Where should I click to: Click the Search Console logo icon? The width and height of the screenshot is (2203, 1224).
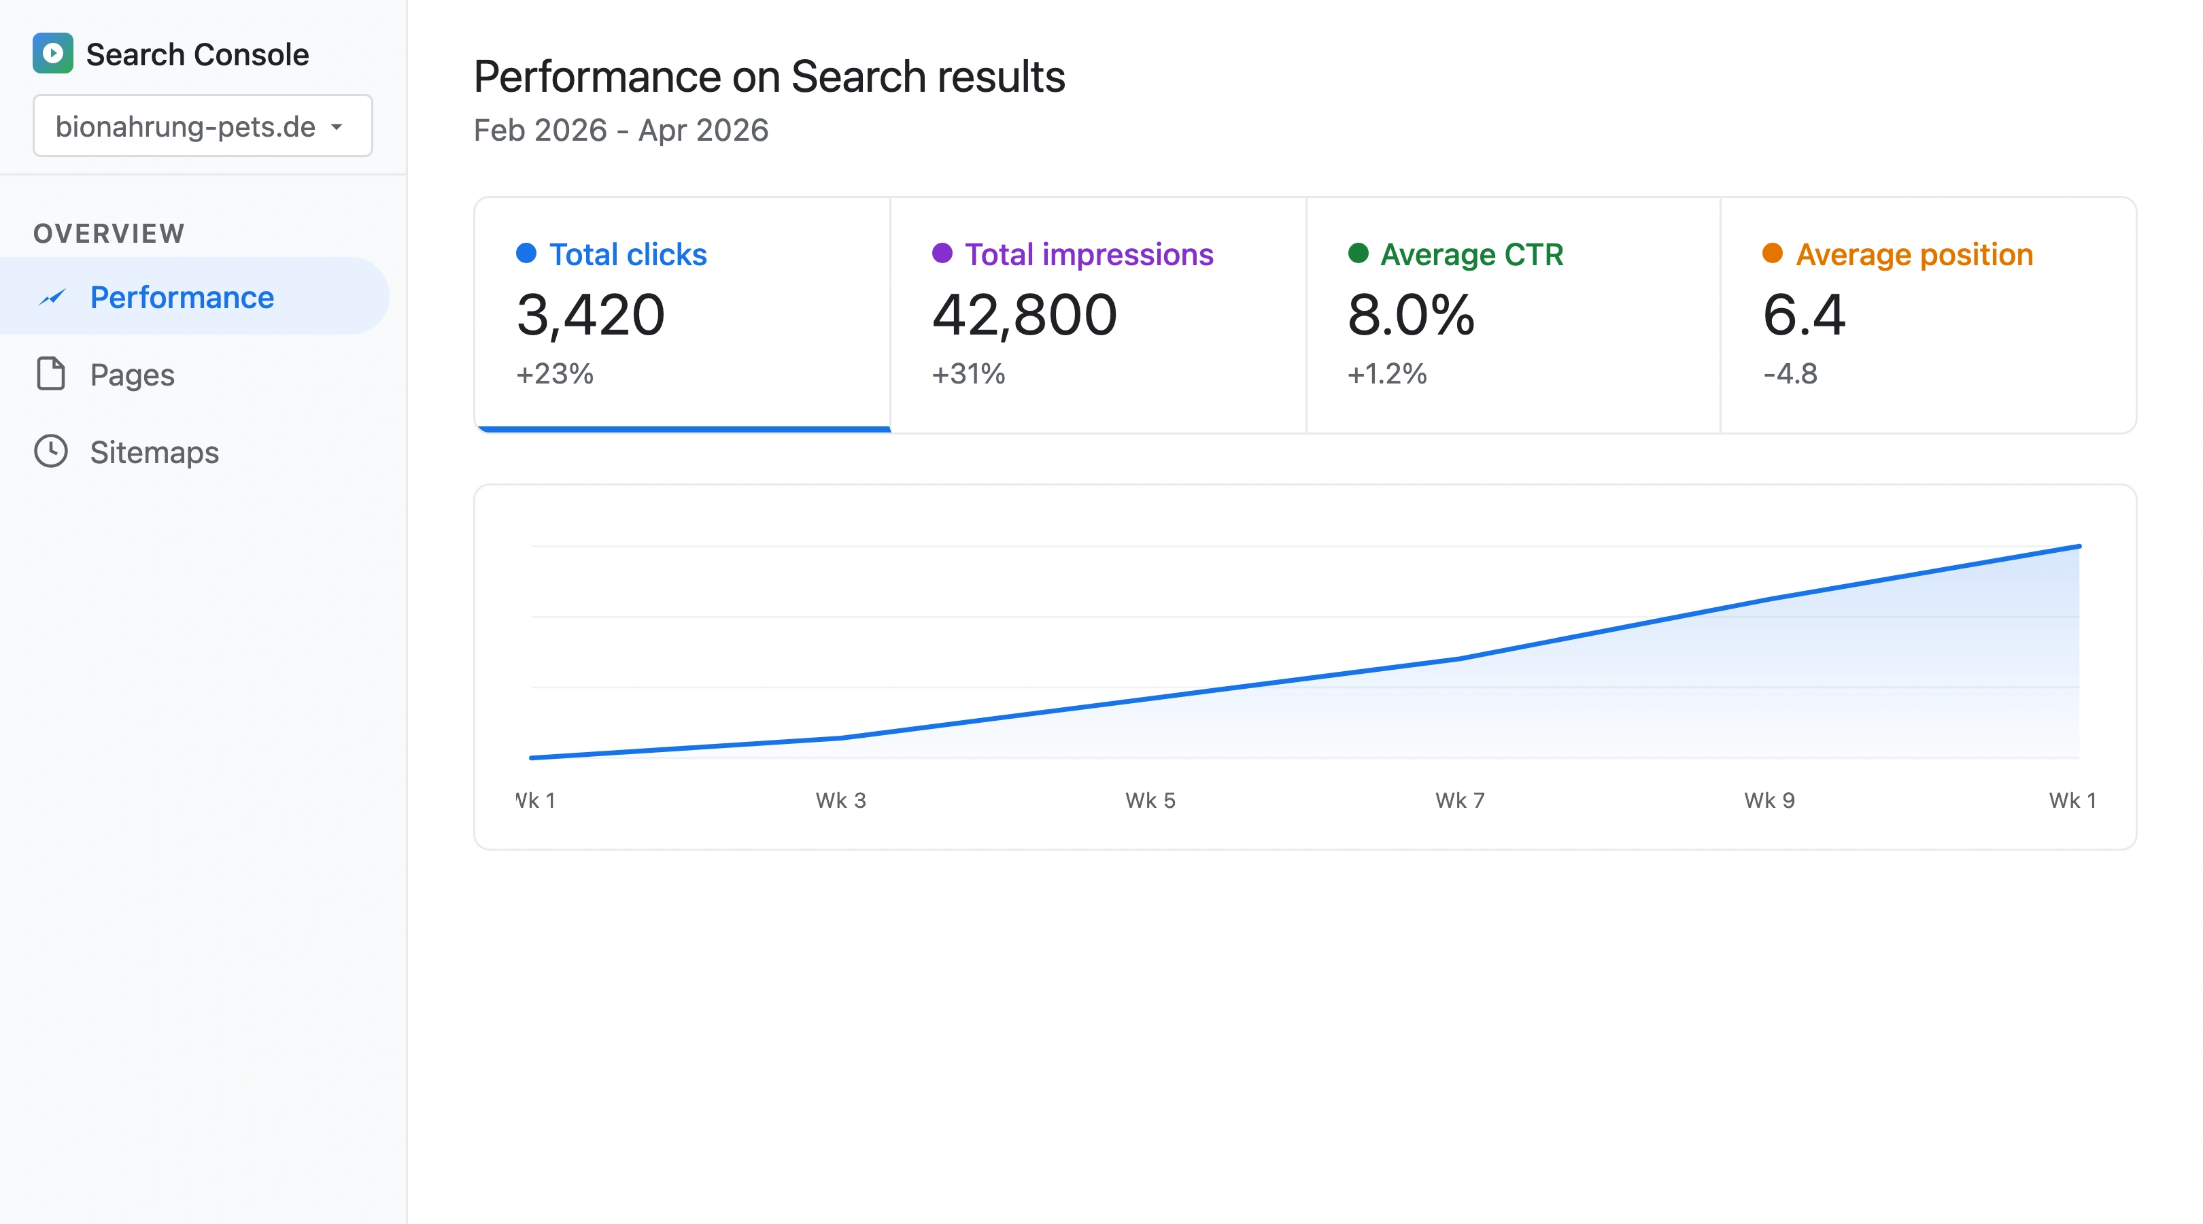tap(53, 54)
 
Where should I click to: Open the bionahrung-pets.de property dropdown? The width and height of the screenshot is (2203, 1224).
tap(203, 126)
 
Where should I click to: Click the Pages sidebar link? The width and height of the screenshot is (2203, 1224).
tap(132, 375)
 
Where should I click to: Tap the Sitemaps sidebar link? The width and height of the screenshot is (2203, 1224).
tap(154, 452)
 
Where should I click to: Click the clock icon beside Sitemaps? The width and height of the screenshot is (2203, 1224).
tap(51, 452)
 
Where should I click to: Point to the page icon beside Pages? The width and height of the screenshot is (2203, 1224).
tap(51, 374)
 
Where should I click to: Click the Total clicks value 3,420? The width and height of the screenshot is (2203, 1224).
tap(590, 315)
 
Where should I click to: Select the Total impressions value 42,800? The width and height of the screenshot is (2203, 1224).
tap(1024, 315)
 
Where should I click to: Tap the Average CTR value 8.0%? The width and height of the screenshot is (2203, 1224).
tap(1410, 315)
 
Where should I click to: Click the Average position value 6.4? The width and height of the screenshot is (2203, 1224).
tap(1804, 315)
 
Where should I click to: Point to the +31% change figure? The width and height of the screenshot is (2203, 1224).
tap(968, 374)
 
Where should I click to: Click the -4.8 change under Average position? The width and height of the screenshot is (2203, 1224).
tap(1790, 374)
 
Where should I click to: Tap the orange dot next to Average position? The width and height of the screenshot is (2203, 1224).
tap(1772, 253)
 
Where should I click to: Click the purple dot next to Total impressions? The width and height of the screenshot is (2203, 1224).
tap(942, 253)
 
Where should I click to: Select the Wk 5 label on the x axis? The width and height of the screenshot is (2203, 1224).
tap(1150, 800)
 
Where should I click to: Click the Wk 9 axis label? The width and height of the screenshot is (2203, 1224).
tap(1769, 800)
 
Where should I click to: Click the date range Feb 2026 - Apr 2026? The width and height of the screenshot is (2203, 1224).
tap(621, 130)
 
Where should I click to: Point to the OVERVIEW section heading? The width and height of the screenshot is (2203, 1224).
tap(109, 233)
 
